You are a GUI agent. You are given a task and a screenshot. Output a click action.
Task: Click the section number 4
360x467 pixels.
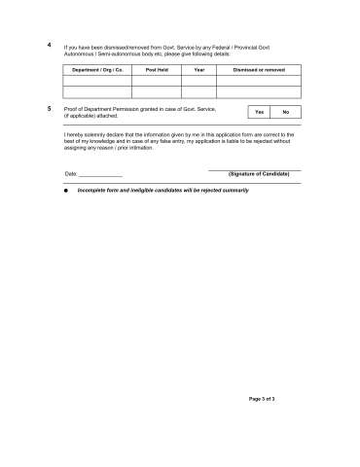(x=50, y=46)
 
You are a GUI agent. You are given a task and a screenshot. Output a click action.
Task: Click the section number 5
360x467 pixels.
(x=50, y=108)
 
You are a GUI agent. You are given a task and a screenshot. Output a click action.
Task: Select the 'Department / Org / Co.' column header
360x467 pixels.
(x=97, y=71)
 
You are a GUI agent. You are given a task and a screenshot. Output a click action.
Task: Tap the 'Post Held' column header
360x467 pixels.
(x=157, y=71)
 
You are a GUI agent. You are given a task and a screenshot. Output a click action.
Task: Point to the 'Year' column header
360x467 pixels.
(x=199, y=71)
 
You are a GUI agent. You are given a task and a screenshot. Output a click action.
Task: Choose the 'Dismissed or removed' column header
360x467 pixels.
(x=259, y=71)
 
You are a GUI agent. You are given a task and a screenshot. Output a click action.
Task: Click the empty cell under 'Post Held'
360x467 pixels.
(x=157, y=90)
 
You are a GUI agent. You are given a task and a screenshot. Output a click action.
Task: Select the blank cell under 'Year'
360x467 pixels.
(x=199, y=90)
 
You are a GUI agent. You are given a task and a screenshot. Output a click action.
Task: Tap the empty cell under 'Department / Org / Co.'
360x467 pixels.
(x=97, y=90)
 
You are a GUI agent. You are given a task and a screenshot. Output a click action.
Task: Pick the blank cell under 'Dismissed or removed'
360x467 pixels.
(x=259, y=90)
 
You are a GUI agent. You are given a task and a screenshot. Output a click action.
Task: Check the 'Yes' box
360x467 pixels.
(x=259, y=113)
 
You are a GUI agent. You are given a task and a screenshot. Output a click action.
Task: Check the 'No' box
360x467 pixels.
(x=286, y=113)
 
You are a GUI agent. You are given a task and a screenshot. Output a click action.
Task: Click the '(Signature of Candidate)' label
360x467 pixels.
(x=259, y=173)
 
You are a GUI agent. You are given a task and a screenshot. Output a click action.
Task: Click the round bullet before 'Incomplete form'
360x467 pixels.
(x=66, y=191)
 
